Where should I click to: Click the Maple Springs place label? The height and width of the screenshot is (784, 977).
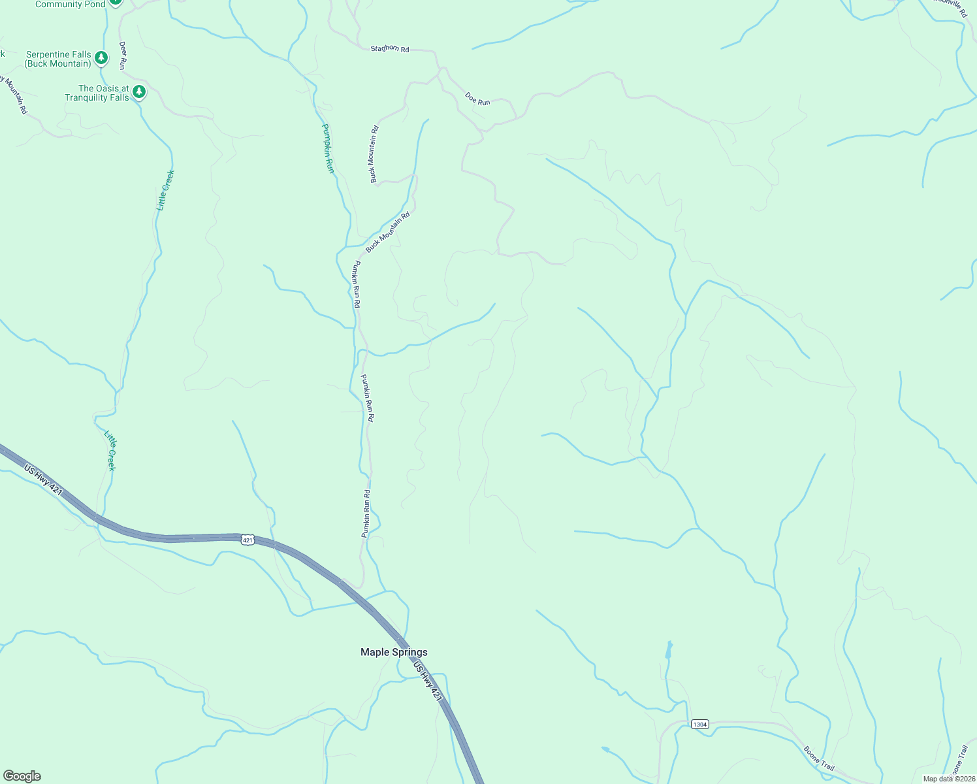394,652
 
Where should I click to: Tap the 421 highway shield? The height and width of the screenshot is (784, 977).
247,539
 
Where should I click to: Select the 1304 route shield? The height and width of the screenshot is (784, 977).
699,724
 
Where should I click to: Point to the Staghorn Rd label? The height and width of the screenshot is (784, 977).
389,48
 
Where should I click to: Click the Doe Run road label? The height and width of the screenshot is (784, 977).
477,99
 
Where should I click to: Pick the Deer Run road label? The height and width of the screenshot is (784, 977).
122,56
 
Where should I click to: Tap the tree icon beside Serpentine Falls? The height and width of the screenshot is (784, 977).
101,58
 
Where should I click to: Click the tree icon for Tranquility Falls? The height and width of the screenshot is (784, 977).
138,92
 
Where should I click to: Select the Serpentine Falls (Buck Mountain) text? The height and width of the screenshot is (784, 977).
58,59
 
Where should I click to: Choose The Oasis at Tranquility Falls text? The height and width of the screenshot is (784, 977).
97,93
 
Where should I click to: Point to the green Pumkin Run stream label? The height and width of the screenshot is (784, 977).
328,148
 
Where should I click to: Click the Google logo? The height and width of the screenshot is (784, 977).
22,776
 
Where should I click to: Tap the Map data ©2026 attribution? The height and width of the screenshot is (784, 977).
948,779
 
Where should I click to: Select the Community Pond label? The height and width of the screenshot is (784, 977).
70,4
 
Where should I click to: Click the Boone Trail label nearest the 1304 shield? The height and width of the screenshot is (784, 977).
819,758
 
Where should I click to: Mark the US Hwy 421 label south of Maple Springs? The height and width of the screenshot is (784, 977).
428,681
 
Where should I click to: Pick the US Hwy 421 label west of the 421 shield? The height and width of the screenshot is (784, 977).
43,480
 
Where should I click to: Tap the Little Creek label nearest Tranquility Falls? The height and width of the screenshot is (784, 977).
165,189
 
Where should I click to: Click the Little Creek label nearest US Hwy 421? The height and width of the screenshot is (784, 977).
110,450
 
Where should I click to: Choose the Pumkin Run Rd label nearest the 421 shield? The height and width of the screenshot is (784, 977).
366,514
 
